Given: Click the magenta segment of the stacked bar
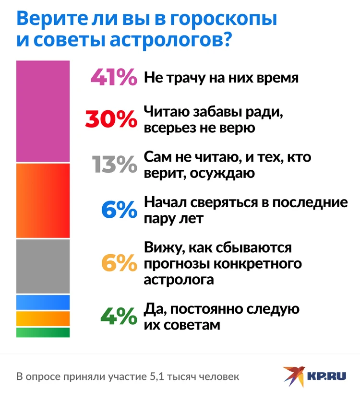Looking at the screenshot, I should (x=43, y=111).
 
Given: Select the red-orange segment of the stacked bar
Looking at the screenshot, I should (x=43, y=200).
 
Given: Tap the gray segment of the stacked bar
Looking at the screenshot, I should (x=43, y=266).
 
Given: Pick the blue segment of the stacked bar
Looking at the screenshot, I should (x=43, y=302).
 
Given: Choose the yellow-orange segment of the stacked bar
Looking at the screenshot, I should (x=43, y=318).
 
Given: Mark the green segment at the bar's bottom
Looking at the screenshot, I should (x=43, y=332).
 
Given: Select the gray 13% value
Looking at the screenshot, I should (x=113, y=165).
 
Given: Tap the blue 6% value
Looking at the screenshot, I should (x=120, y=210).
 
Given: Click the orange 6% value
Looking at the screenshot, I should (x=120, y=263).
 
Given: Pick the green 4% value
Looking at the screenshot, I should (x=119, y=316).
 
